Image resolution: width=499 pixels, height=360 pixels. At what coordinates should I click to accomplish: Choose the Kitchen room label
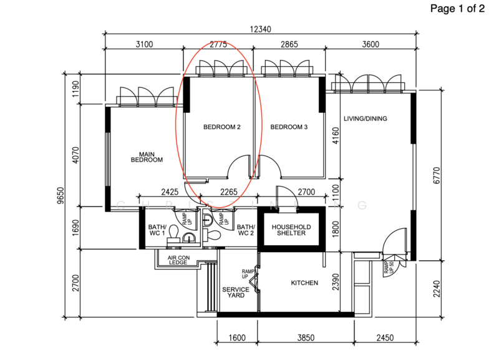pos(304,283)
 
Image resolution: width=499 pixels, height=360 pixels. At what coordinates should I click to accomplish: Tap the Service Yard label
pos(236,292)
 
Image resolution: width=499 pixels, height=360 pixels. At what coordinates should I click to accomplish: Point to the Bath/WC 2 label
pos(246,230)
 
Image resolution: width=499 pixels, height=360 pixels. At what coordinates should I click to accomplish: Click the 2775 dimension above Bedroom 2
pos(218,45)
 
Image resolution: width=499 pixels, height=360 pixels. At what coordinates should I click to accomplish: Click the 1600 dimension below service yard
pos(238,338)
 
